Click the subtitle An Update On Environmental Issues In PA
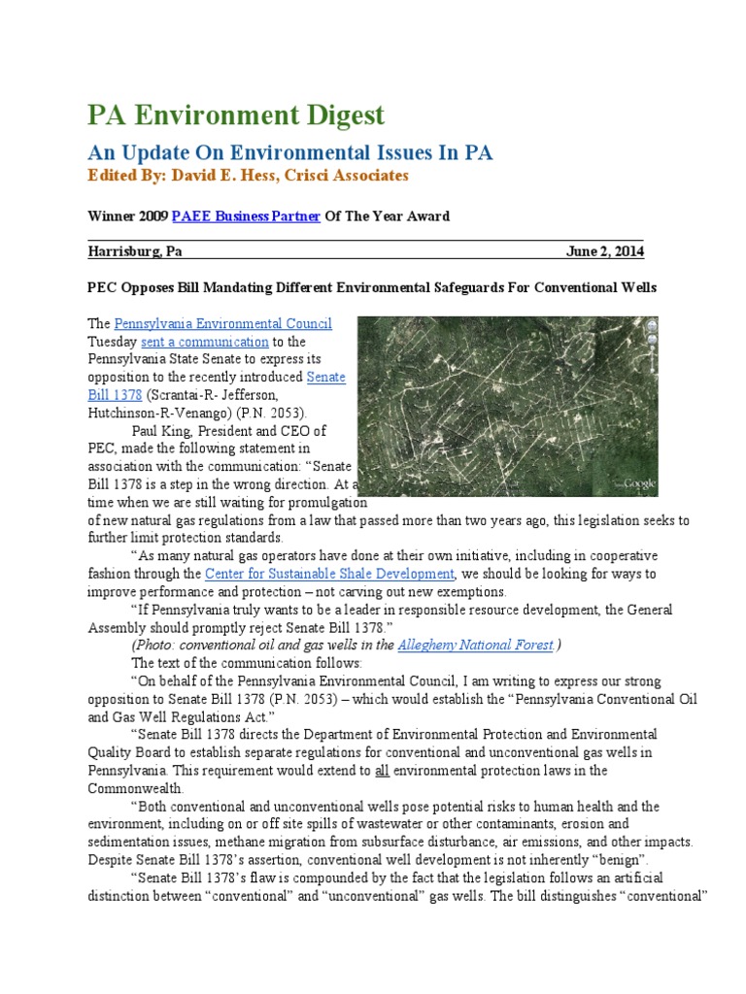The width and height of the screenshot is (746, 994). [x=290, y=152]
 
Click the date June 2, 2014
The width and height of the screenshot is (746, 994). [x=604, y=251]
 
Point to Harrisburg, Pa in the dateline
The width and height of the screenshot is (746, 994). [x=135, y=251]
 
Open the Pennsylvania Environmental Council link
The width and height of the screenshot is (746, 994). [x=223, y=324]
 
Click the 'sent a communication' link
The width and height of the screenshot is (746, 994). [x=205, y=342]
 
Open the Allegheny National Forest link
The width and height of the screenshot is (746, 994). [x=476, y=645]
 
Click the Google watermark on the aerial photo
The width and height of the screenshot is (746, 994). [x=638, y=483]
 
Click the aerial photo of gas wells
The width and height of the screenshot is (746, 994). [x=508, y=406]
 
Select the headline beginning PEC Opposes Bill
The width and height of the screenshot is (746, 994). [x=372, y=288]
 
